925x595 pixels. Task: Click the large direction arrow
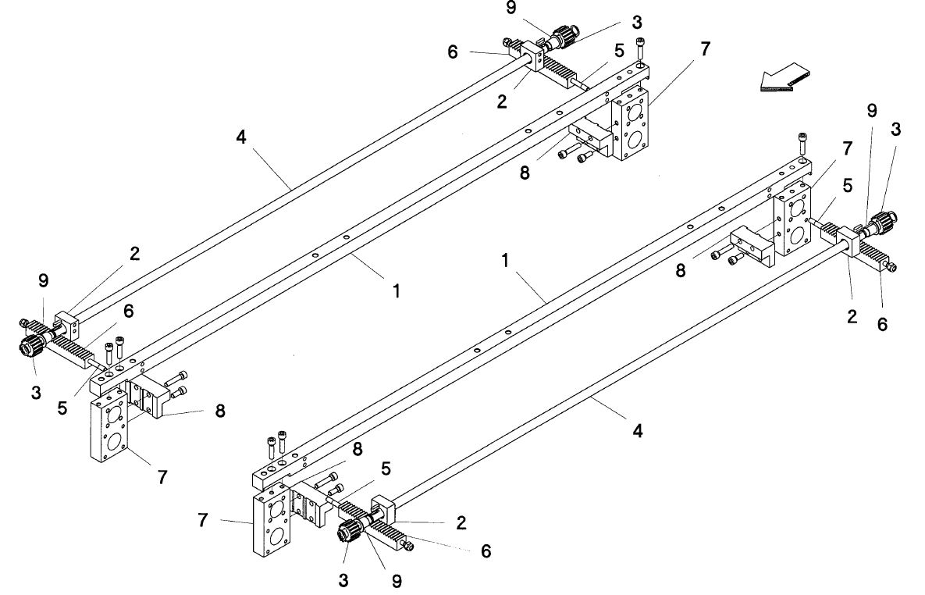[x=784, y=78]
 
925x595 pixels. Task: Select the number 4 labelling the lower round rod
[x=637, y=430]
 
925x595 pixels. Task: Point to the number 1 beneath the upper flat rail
[x=397, y=290]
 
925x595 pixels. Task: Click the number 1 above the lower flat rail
[x=506, y=261]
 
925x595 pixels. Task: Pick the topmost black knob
[x=563, y=35]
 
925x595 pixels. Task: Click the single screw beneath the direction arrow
[x=803, y=143]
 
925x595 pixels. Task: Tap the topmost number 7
[x=705, y=48]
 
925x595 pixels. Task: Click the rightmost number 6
[x=882, y=323]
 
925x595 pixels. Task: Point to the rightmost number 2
[x=852, y=316]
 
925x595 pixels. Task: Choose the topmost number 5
[x=619, y=50]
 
